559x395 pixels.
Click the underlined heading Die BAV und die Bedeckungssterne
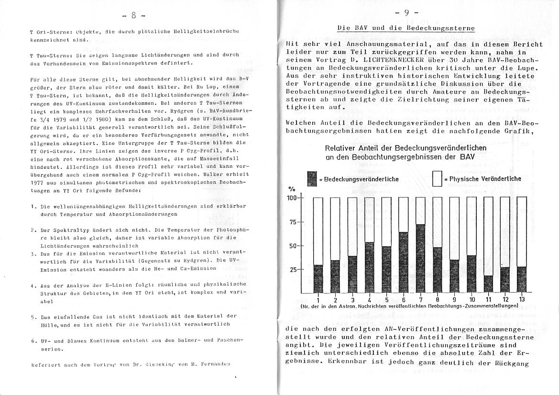(406, 28)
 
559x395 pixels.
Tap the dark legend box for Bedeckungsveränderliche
(311, 179)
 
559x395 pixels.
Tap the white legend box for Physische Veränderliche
(437, 179)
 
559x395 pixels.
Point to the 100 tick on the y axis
(292, 198)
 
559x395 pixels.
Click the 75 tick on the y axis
(293, 222)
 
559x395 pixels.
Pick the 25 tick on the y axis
(293, 269)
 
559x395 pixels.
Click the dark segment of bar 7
(420, 258)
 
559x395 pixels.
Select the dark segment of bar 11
(488, 284)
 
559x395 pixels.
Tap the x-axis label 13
(521, 299)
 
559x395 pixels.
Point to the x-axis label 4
(369, 300)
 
